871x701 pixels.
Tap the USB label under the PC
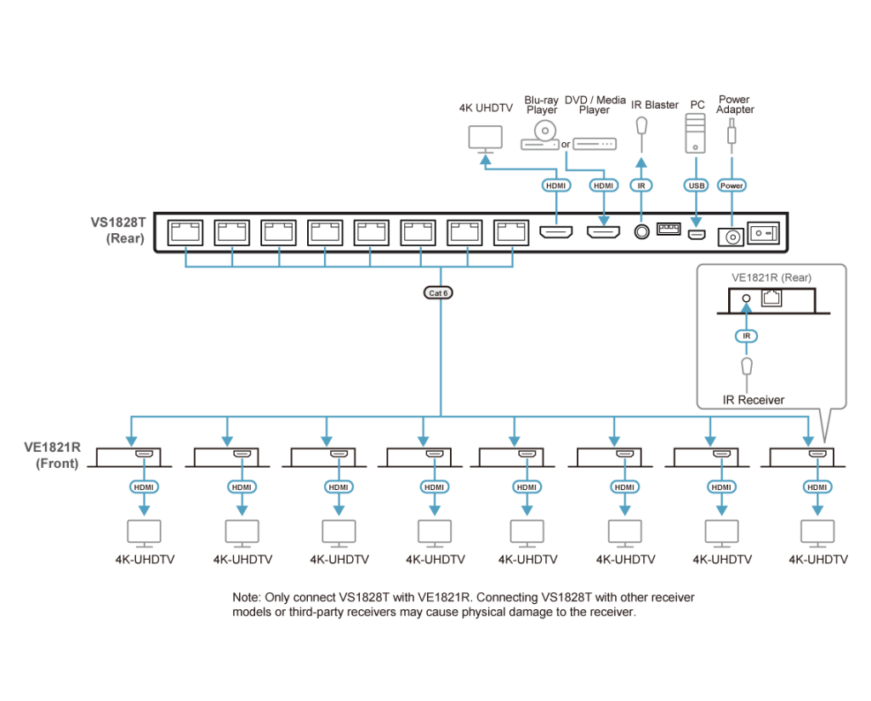coord(696,185)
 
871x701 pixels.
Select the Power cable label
coord(732,185)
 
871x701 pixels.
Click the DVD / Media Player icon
coord(594,144)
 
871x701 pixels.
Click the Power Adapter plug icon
coord(732,133)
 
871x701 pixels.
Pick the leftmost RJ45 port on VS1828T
coord(185,231)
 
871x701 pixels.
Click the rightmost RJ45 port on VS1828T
coord(511,231)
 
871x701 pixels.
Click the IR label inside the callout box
coord(746,337)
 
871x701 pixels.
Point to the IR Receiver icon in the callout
coord(746,368)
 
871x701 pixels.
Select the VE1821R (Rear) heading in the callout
coord(771,277)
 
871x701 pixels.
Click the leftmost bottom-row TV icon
coord(144,533)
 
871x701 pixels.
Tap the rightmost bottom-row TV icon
coord(817,533)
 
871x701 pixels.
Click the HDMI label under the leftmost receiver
coord(144,487)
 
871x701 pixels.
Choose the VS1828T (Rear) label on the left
coord(120,231)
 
